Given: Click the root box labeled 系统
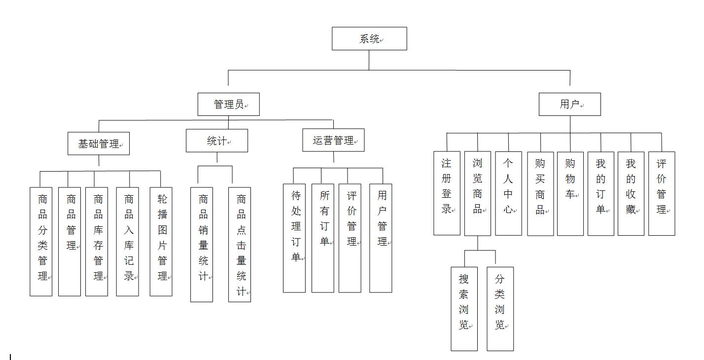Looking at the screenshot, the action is (369, 38).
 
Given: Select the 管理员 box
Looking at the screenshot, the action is (228, 104).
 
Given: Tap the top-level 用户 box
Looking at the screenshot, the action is (569, 104).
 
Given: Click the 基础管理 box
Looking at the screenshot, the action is (99, 144).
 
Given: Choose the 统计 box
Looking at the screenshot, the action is (217, 141).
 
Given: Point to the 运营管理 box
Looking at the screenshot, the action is (333, 140).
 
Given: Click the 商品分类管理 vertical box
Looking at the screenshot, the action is (41, 242).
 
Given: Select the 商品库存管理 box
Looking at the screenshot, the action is (97, 242).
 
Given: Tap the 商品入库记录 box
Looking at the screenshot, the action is (127, 242).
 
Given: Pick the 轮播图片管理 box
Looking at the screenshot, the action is (161, 242).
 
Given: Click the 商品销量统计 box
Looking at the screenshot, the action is (202, 245).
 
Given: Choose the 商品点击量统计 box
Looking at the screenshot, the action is (240, 245).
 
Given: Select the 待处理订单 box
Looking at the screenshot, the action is (294, 238).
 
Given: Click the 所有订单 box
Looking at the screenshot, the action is (323, 238).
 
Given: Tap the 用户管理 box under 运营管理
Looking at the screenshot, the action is (381, 238).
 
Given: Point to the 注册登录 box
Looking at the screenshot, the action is (447, 193).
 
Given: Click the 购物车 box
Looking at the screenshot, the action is (570, 194).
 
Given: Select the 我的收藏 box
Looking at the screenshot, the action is (631, 193).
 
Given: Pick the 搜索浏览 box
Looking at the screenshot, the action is (464, 309).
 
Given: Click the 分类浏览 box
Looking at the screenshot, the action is (500, 309).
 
